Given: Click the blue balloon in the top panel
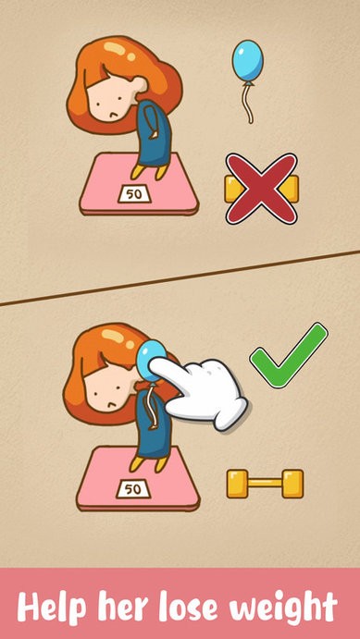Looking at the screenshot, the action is coord(247,60).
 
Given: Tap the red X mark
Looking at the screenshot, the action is coord(261,189).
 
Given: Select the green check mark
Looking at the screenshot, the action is coord(289,355).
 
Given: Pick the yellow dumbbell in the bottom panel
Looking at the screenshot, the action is coord(265,484).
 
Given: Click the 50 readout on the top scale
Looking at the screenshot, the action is coord(134,194).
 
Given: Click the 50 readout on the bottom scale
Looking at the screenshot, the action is coord(133,489).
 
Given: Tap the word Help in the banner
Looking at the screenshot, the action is coord(52,608).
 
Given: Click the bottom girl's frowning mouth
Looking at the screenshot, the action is coord(110,404).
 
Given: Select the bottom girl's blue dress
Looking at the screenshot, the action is coord(153,426).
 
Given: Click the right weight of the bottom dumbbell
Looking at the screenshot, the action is coord(292,484).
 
